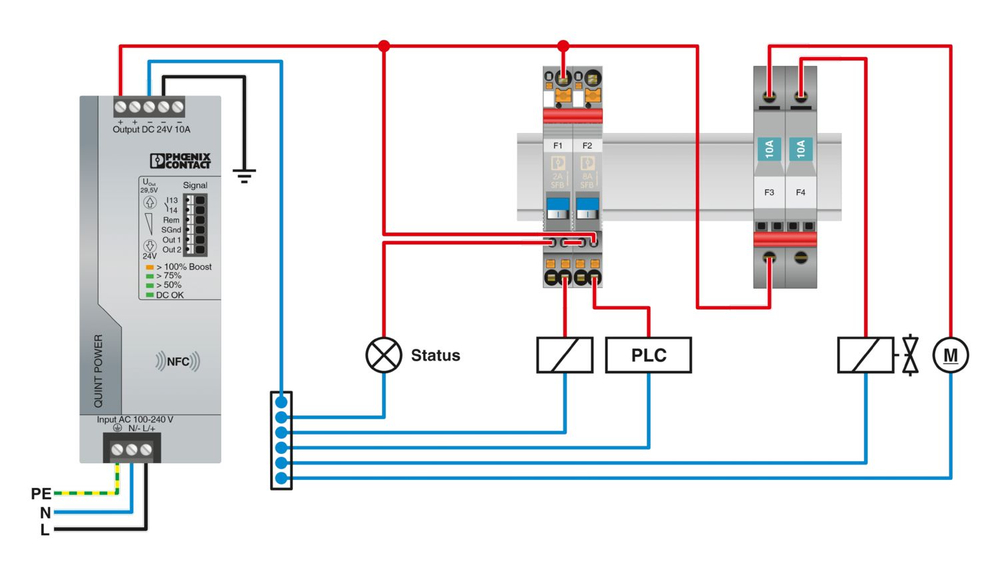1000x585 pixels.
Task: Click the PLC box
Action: click(648, 355)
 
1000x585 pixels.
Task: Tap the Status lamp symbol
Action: click(382, 355)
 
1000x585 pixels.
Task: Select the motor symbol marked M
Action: click(950, 354)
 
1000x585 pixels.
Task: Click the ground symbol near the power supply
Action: click(243, 176)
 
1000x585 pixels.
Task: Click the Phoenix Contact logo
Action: click(180, 161)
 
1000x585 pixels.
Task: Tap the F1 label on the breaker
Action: click(558, 146)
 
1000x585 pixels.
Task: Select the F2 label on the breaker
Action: click(586, 146)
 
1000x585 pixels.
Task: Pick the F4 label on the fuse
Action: click(800, 191)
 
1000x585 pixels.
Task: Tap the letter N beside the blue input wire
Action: click(44, 512)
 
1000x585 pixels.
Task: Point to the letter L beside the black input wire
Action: click(44, 530)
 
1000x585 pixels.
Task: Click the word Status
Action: click(436, 355)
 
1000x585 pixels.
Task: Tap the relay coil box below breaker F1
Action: click(565, 355)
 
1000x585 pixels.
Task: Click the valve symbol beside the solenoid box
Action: click(909, 355)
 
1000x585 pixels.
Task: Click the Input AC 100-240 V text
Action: click(135, 419)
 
